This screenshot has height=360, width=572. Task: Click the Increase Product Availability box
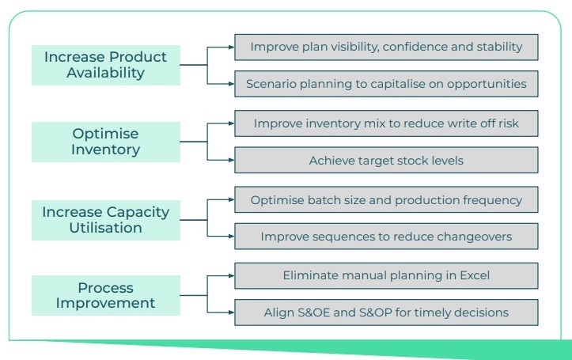tap(106, 65)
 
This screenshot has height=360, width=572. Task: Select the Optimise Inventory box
tap(106, 142)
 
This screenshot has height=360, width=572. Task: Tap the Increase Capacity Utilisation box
tap(106, 220)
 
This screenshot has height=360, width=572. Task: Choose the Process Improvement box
tap(106, 295)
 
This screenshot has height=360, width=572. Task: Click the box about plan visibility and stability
tap(386, 47)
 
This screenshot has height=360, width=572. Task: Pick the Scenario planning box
tap(386, 84)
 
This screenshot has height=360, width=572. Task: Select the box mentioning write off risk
tap(386, 123)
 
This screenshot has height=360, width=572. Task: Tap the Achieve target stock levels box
tap(386, 160)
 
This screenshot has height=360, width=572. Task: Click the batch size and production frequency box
tap(386, 199)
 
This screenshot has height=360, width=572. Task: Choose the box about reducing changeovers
tap(386, 237)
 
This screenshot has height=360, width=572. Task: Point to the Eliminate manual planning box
tap(386, 276)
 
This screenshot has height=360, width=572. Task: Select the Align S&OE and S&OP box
tap(386, 313)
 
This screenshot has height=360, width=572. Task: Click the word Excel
tap(475, 275)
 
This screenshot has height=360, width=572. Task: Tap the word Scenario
tap(267, 84)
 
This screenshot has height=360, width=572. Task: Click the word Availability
tap(106, 73)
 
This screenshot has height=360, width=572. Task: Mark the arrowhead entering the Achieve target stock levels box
tap(231, 160)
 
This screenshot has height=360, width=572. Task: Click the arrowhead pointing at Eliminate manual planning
tap(231, 276)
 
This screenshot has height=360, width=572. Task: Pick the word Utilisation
tap(106, 228)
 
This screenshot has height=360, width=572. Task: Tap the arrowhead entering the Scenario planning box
tap(231, 84)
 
